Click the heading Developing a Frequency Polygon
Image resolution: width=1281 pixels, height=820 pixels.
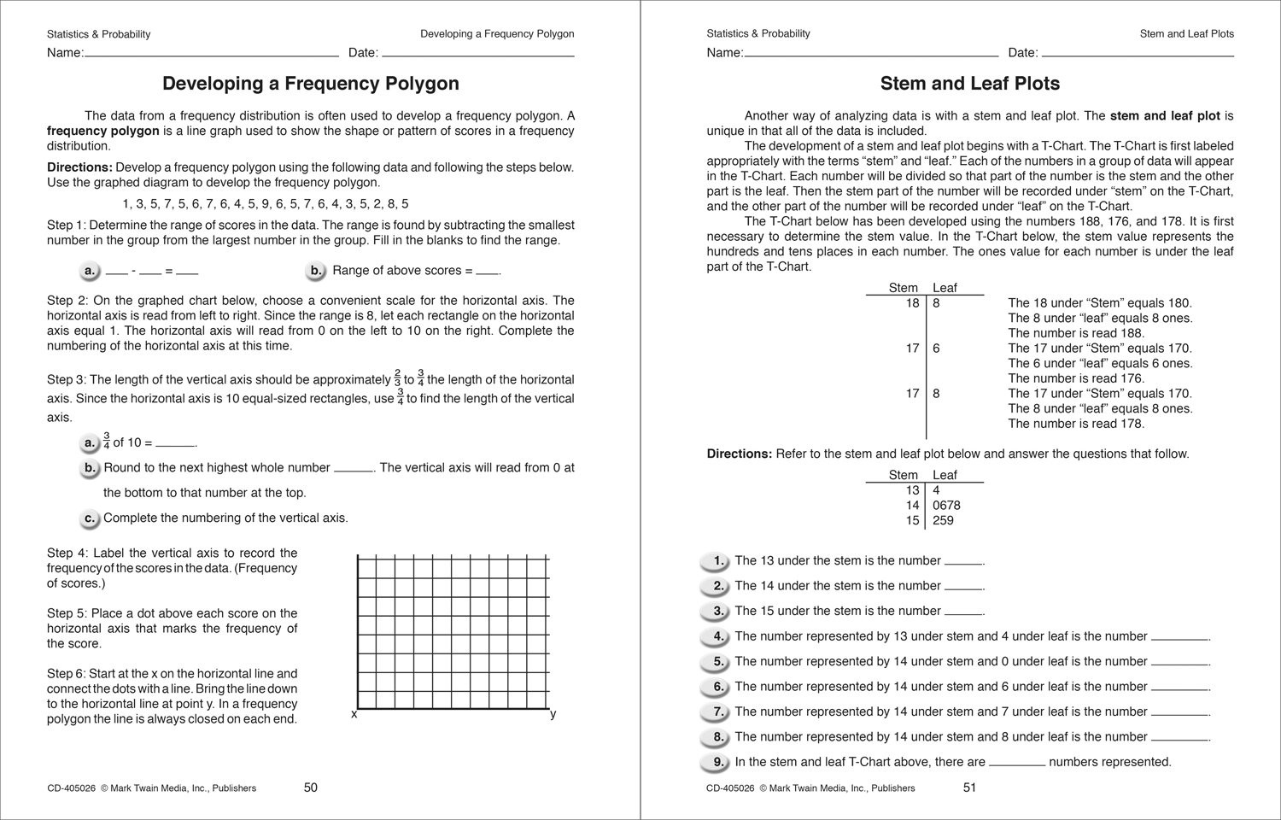pos(310,84)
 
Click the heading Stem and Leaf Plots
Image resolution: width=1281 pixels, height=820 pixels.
pos(969,84)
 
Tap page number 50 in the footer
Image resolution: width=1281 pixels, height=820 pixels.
pos(311,788)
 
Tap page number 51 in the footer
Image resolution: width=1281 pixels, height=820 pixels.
pos(969,788)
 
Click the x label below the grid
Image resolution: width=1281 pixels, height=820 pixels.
pos(354,714)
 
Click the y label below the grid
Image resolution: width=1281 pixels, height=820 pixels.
pos(553,714)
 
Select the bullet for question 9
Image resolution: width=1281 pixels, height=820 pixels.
pos(713,762)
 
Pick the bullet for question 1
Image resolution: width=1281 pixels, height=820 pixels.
pos(713,561)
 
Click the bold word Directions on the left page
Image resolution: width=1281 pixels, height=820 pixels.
pos(79,167)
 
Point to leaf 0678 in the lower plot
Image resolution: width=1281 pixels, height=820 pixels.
pos(946,506)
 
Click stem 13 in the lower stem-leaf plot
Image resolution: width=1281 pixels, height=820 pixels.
pos(912,490)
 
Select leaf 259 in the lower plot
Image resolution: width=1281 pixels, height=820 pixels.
pos(943,520)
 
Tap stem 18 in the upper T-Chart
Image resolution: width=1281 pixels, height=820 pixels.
pos(912,303)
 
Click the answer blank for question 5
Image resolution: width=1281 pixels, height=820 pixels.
pos(1180,664)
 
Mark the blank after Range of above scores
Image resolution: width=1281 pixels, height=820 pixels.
pos(487,272)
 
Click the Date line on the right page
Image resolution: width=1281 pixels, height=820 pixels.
pos(1136,54)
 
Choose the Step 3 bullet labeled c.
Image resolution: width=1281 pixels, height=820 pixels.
pos(90,518)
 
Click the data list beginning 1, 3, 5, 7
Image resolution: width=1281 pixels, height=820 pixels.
pos(266,204)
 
